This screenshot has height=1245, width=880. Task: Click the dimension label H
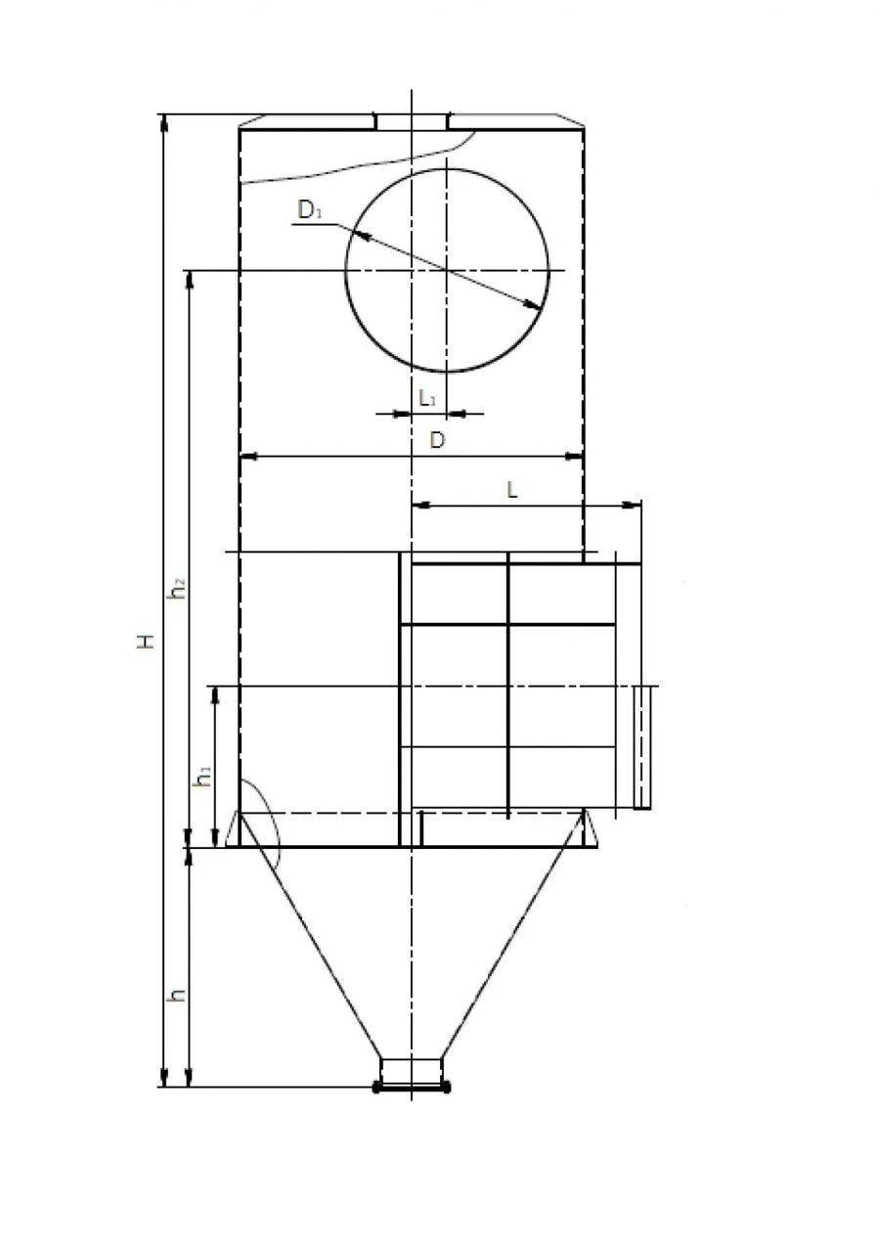click(146, 642)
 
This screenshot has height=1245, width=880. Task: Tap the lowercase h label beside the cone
click(177, 996)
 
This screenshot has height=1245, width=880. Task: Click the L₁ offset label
click(428, 398)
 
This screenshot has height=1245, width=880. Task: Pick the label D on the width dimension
click(438, 441)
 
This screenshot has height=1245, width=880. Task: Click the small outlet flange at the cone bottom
click(412, 1086)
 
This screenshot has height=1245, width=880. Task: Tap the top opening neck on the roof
click(412, 121)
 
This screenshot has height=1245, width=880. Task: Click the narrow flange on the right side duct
click(642, 747)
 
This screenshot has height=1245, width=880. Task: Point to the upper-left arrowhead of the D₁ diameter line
click(359, 236)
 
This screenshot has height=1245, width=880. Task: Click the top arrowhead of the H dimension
click(164, 122)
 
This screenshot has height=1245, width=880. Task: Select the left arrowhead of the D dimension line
click(247, 455)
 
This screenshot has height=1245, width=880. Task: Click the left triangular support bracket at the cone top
click(234, 829)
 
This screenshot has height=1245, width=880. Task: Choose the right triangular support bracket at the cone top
click(590, 829)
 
